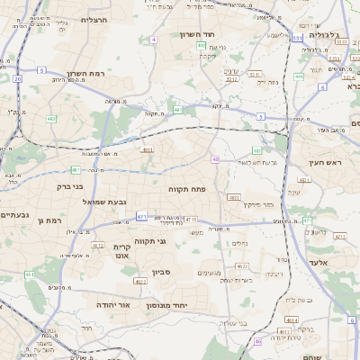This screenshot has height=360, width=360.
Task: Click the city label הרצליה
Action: tap(94, 19)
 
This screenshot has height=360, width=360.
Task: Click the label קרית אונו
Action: tap(122, 251)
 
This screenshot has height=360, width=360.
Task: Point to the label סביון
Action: tap(162, 271)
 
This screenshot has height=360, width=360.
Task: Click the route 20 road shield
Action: tap(17, 79)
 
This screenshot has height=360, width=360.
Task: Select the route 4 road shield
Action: tap(154, 40)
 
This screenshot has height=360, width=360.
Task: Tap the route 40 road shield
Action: tap(215, 159)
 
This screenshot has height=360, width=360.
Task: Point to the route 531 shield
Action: tap(297, 39)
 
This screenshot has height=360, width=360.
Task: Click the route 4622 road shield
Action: tap(139, 281)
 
